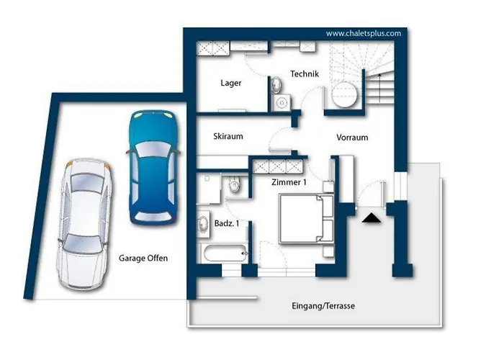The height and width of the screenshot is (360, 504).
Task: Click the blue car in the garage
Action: point(153,167)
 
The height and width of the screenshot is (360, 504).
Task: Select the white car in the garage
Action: point(84,225)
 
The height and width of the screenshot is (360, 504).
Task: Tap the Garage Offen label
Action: point(143,258)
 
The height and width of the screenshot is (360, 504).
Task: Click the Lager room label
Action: point(231,83)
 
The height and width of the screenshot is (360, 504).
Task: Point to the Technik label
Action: point(305,74)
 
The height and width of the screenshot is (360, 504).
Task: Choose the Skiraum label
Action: point(228,136)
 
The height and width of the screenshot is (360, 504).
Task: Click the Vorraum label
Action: point(352,138)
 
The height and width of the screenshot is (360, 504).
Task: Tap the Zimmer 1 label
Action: point(289,182)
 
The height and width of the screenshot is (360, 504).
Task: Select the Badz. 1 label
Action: point(227,223)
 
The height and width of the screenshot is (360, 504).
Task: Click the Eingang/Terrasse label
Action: point(323,306)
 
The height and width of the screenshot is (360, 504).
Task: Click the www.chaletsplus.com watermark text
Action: point(364,33)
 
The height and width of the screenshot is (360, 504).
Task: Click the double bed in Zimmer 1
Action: point(306,219)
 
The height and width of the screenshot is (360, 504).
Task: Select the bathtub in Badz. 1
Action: point(225,253)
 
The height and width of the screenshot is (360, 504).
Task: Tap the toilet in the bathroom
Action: point(234,184)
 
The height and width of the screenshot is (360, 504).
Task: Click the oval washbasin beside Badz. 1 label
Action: point(203,223)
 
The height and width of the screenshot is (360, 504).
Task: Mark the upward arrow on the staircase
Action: point(380,88)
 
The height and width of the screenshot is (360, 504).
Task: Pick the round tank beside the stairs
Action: point(344,94)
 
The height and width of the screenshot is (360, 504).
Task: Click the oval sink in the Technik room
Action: point(276,85)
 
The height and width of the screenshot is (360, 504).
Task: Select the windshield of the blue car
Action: point(153,149)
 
